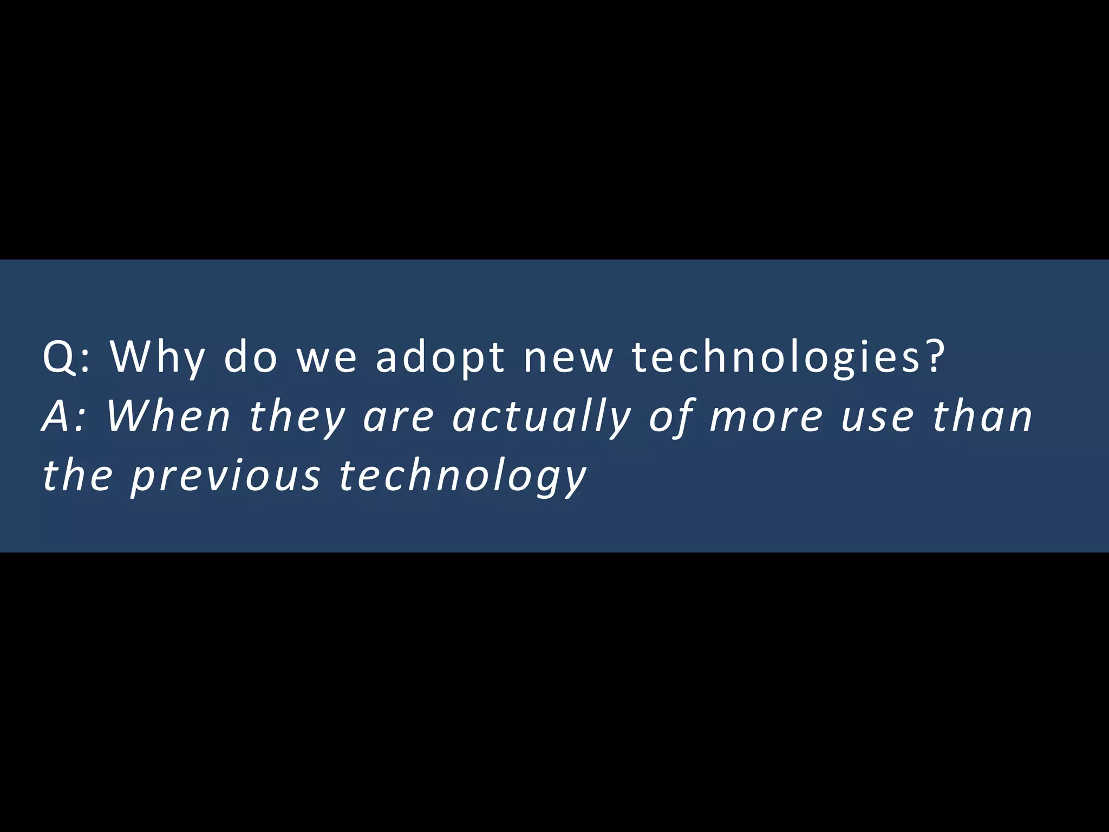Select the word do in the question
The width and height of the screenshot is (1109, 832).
[x=250, y=357]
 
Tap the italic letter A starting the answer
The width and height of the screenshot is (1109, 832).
[x=57, y=417]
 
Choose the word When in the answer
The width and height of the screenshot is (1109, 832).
[x=168, y=417]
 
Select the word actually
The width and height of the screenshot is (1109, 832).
[x=542, y=418]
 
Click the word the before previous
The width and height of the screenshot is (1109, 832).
[x=77, y=476]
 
